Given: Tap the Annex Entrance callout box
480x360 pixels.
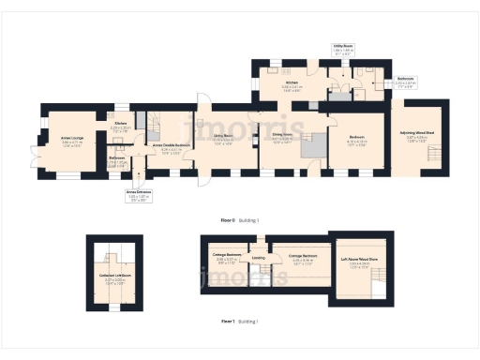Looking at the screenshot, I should coord(139,195).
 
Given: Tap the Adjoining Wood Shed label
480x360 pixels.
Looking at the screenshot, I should coord(419,137).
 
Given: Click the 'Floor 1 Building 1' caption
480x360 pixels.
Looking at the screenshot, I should coord(239,321).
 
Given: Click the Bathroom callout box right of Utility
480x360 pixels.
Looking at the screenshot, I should coord(406,83).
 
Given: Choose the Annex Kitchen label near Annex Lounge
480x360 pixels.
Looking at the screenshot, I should coord(121,126).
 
